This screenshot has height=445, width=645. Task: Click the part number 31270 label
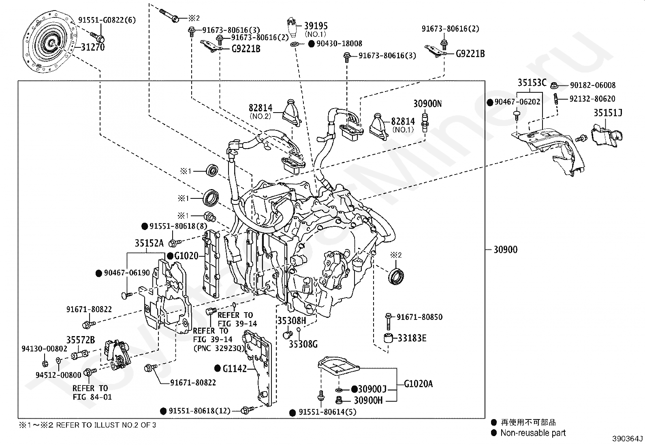(x=92, y=47)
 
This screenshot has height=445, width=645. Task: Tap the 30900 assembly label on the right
(x=505, y=249)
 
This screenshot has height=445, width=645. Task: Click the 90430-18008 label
(x=339, y=43)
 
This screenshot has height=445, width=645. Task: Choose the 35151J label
(x=608, y=113)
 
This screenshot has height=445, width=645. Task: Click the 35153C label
(x=532, y=83)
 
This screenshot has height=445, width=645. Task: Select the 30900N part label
(x=427, y=104)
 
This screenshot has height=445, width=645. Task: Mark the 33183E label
(x=412, y=338)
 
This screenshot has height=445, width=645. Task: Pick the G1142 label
(x=235, y=368)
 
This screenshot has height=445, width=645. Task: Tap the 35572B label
(x=81, y=340)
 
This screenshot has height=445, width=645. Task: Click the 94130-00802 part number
(x=45, y=349)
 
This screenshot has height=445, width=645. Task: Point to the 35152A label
(x=149, y=243)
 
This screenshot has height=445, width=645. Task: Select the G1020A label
(x=418, y=383)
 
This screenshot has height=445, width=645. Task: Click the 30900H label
(x=368, y=400)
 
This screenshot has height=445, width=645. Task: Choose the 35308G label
(x=303, y=344)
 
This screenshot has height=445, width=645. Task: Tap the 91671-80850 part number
(x=419, y=317)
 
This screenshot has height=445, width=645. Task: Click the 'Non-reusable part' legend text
(x=533, y=433)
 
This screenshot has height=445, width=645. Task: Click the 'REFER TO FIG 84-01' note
(x=92, y=393)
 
